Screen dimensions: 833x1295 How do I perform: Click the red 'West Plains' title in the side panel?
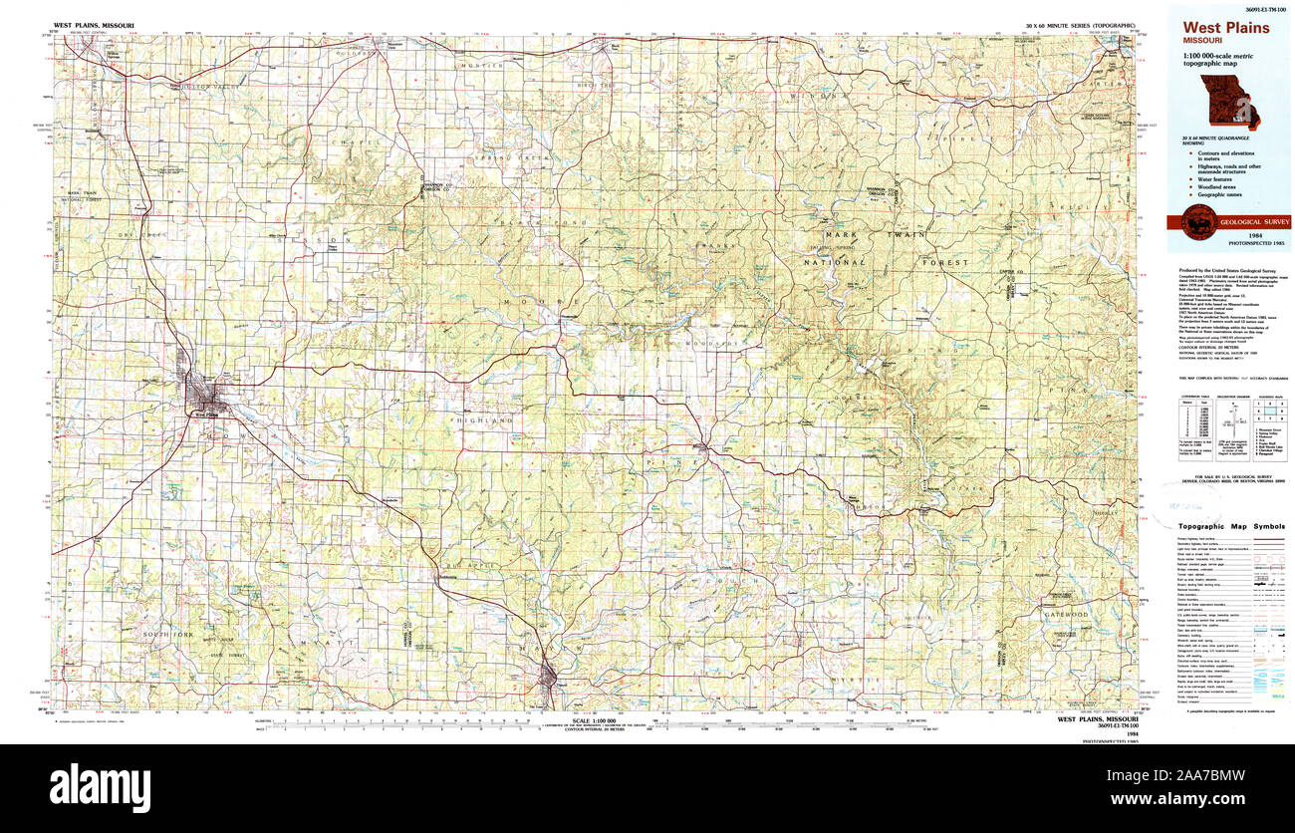point(1226,28)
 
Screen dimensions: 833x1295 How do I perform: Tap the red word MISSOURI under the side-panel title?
point(1203,41)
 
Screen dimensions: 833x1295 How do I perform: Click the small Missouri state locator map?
point(1229,102)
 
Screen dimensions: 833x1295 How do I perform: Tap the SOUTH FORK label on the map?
point(165,635)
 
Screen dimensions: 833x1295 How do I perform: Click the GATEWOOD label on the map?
point(1064,615)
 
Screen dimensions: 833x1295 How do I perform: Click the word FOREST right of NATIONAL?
point(944,262)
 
